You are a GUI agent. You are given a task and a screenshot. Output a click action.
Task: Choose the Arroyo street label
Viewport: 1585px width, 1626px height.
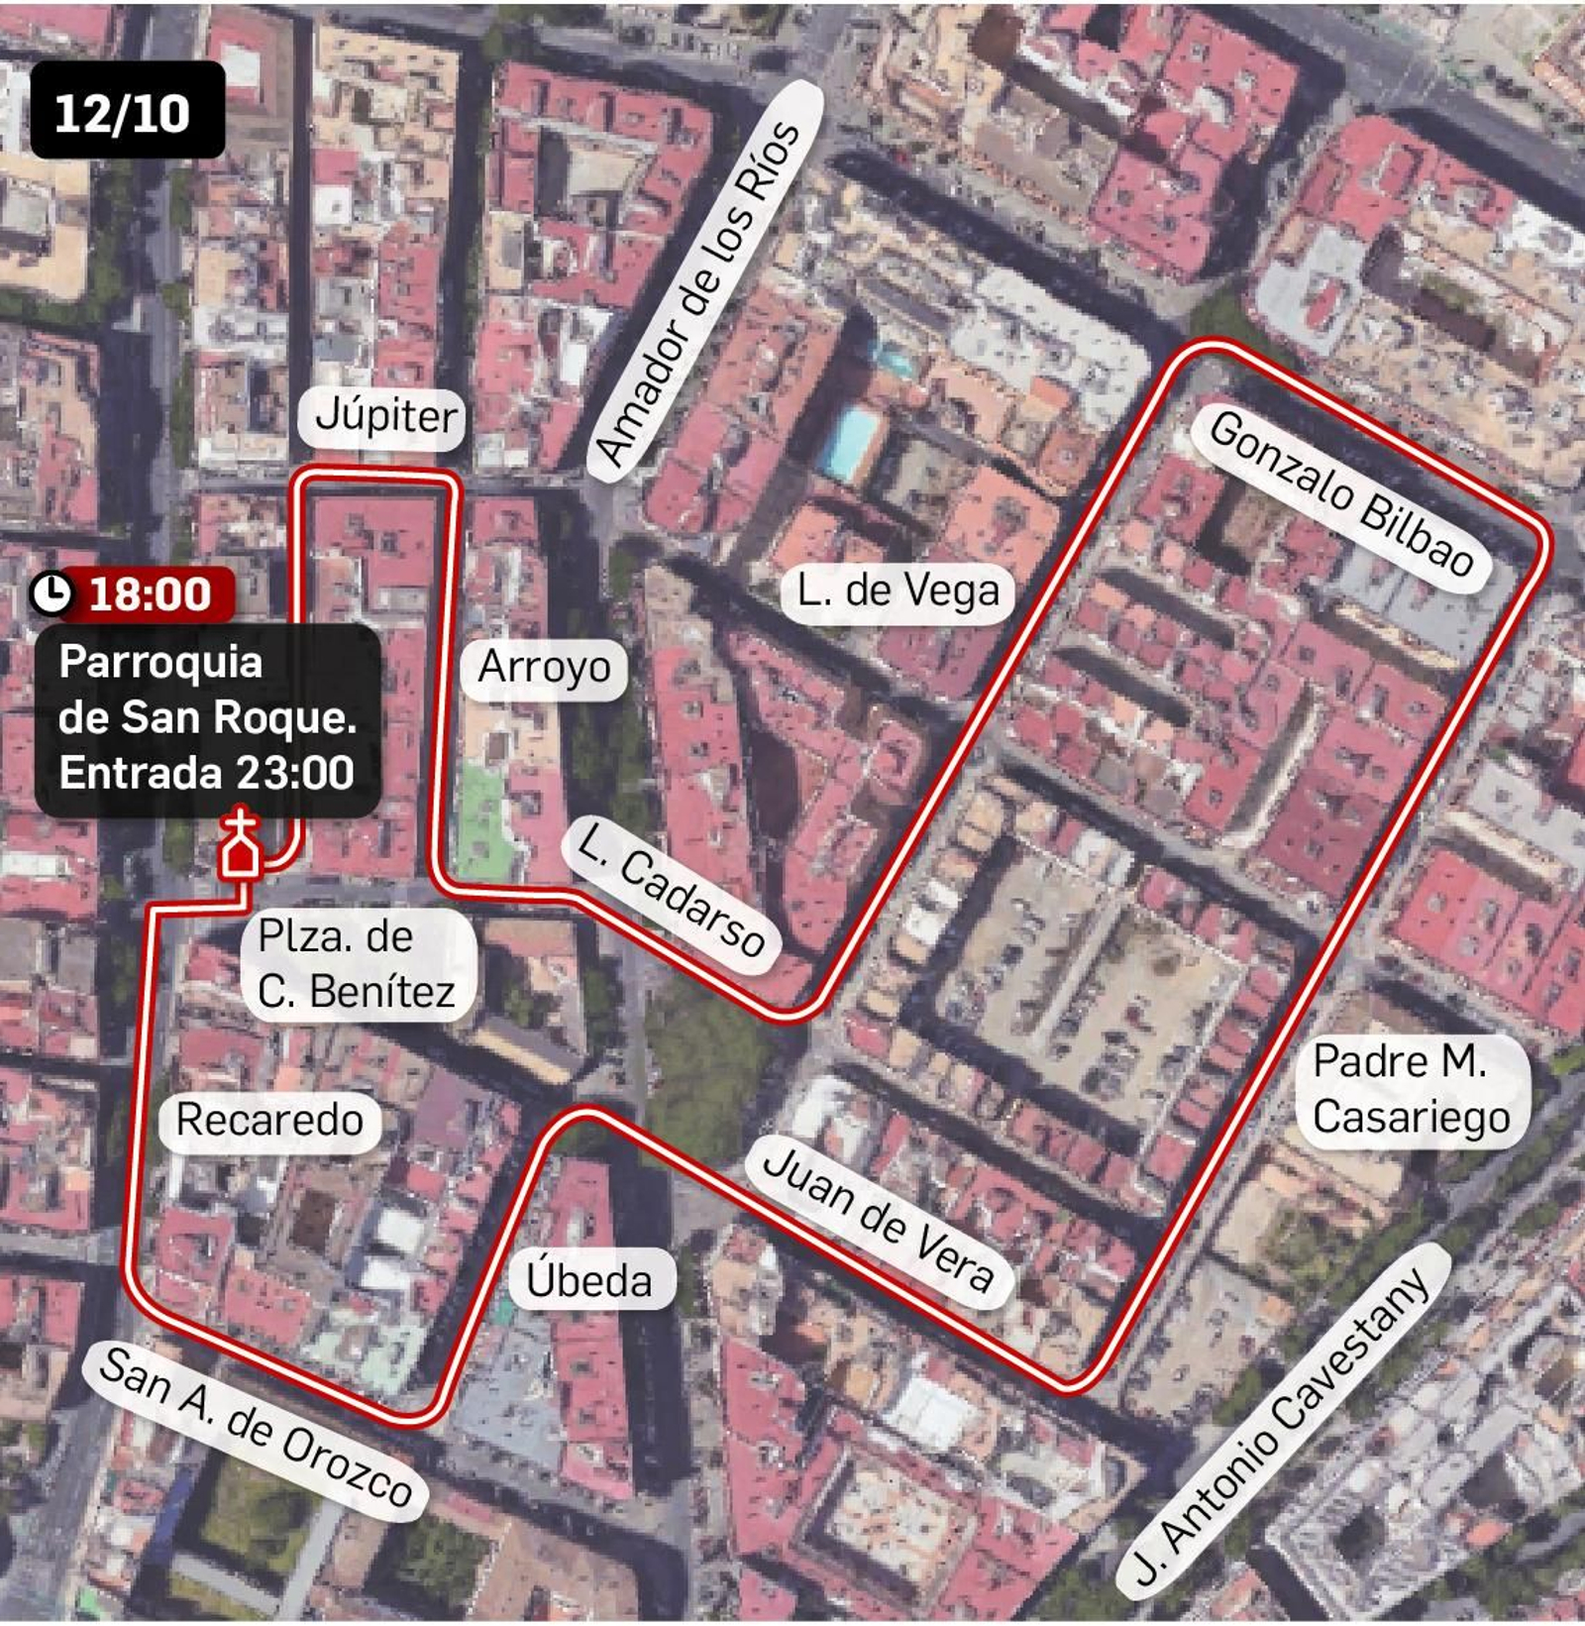544,668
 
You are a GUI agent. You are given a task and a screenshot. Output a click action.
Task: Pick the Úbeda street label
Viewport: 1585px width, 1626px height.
589,1281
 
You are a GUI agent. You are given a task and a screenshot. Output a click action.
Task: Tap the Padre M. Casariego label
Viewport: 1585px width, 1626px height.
1411,1090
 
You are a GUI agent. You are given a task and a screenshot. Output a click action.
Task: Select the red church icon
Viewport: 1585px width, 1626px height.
241,846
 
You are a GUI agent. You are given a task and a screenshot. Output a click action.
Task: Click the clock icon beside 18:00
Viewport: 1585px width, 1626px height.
52,594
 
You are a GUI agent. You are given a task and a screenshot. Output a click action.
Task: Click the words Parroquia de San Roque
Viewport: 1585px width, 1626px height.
206,691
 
